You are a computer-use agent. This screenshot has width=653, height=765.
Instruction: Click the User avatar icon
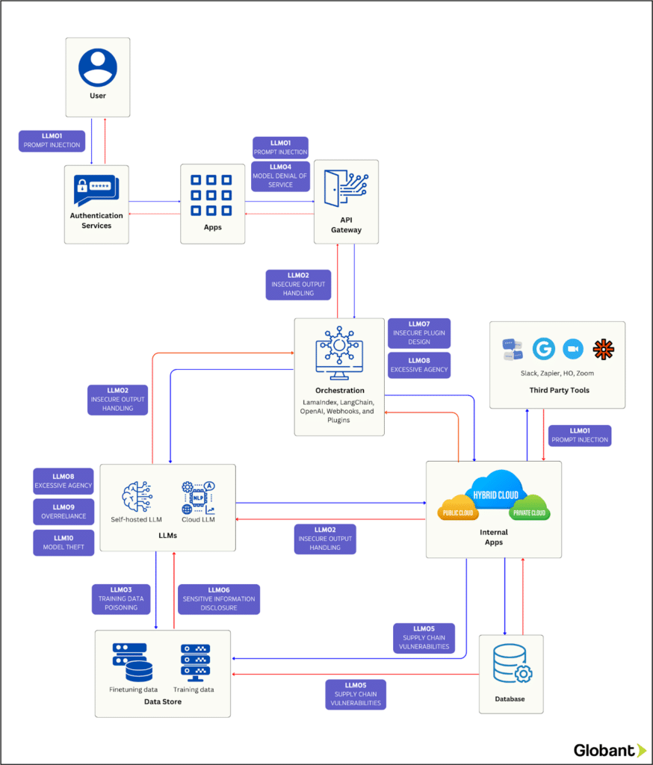pos(98,66)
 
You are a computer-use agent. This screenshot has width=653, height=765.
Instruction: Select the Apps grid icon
pos(212,195)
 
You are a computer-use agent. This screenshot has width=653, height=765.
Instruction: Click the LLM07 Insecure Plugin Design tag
pos(418,332)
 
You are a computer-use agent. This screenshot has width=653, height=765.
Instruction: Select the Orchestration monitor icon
pos(339,352)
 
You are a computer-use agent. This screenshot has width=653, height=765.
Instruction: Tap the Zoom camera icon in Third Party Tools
pos(573,349)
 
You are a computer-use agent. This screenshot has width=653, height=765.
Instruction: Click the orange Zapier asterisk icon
pos(602,349)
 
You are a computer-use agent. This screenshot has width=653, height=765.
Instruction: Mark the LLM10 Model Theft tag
pos(64,542)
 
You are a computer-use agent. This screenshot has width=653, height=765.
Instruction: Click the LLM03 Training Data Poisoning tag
pos(120,599)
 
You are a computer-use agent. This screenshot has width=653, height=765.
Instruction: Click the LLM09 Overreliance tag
pos(64,512)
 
